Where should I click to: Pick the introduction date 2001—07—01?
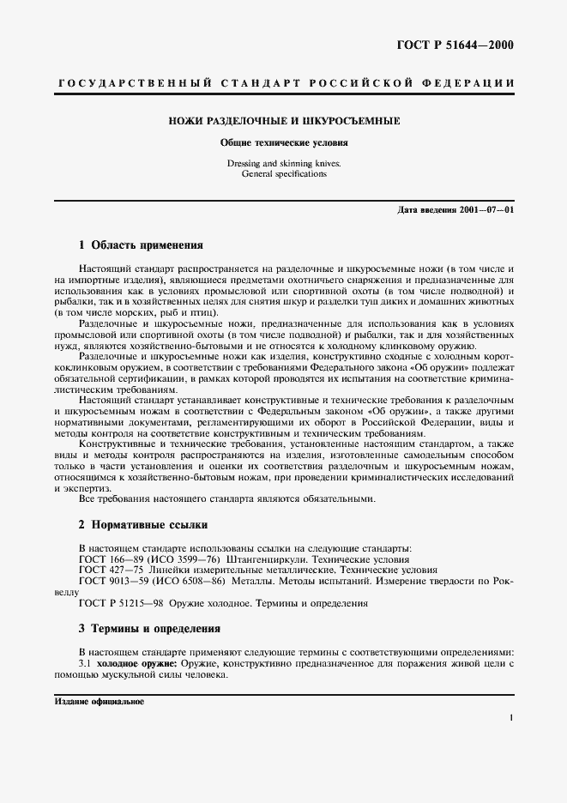[x=485, y=210]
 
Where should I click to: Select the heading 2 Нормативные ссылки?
[x=142, y=524]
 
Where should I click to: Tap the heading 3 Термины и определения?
[x=149, y=628]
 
